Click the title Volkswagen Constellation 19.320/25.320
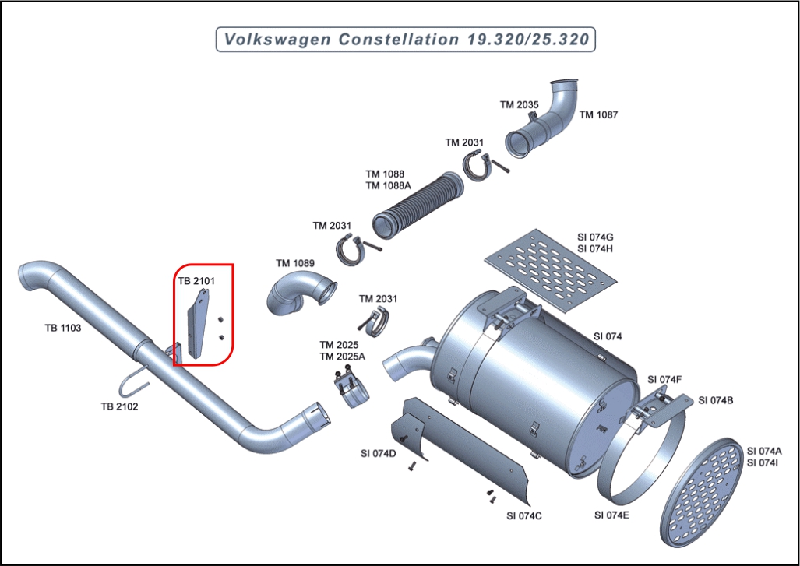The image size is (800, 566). [406, 39]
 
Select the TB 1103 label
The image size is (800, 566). [63, 328]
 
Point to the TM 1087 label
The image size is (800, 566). [598, 114]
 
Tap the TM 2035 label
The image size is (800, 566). [519, 104]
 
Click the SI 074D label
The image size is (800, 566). [378, 453]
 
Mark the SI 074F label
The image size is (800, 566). [664, 379]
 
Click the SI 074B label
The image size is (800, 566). [715, 400]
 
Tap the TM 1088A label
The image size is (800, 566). [388, 185]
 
